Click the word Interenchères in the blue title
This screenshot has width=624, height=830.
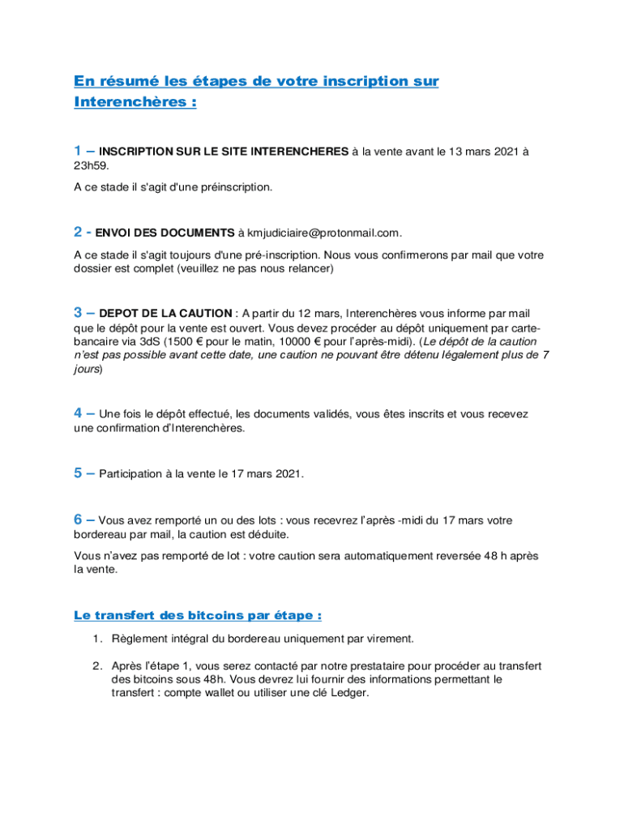click(130, 103)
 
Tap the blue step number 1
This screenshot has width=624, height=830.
click(78, 151)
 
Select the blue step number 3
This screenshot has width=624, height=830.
click(78, 312)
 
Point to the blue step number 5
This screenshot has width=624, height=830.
click(78, 473)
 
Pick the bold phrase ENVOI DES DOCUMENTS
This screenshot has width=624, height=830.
click(165, 233)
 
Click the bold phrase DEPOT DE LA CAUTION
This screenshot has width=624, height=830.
click(166, 313)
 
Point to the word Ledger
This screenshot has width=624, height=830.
click(351, 693)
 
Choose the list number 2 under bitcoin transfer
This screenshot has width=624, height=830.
click(96, 665)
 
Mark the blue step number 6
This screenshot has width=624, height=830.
click(78, 520)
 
